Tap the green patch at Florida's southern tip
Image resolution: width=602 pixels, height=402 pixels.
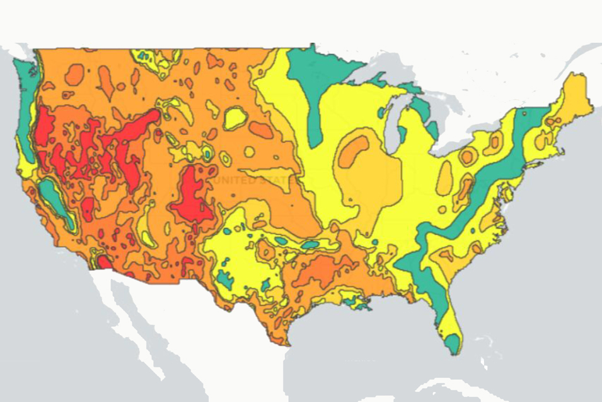452,343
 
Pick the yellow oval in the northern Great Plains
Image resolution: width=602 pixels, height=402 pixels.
234,117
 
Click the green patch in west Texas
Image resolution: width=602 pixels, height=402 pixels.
224,278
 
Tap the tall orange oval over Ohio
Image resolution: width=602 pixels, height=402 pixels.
444,177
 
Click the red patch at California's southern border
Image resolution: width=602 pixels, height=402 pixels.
103,261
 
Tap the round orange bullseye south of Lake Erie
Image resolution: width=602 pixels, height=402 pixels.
468,156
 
